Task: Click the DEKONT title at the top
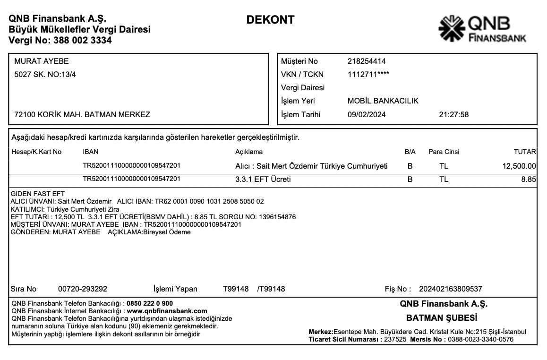point(270,20)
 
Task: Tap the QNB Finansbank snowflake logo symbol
point(452,29)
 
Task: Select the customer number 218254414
point(367,61)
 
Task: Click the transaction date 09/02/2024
point(367,114)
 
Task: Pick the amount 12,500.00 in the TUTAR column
point(519,166)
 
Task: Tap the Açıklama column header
point(248,152)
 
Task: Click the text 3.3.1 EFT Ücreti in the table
point(263,180)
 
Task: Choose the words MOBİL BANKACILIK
point(383,101)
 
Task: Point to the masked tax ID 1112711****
point(368,74)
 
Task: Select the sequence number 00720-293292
point(82,289)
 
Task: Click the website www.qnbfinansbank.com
point(167,311)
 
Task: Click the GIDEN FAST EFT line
point(37,194)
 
